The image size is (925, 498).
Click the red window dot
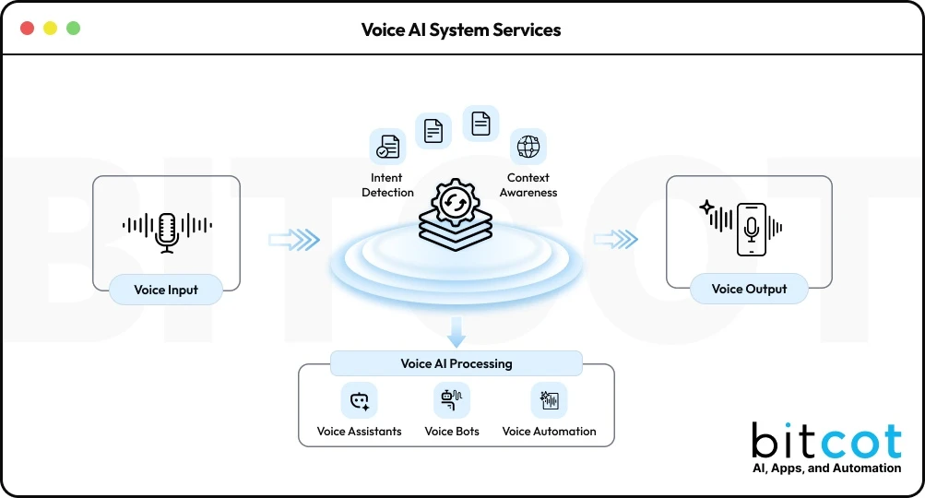tap(27, 29)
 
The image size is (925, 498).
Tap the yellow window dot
tap(50, 29)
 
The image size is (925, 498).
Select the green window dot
tap(73, 29)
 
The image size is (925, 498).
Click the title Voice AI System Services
tap(461, 30)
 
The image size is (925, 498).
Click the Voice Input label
tap(166, 290)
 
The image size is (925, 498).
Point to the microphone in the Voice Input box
tap(167, 231)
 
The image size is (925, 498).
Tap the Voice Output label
tap(749, 289)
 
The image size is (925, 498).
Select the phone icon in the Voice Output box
tap(752, 230)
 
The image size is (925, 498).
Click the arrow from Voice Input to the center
tap(293, 240)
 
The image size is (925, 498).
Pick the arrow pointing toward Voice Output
tap(615, 240)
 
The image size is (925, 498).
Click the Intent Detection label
tap(387, 184)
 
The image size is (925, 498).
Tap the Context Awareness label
tap(528, 184)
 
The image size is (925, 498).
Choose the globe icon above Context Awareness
tap(528, 147)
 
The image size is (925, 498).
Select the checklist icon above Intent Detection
tap(387, 147)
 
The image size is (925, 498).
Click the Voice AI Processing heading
tap(457, 363)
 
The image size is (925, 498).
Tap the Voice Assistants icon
tap(359, 401)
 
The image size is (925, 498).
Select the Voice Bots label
tap(452, 431)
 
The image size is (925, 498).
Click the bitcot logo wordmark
tap(825, 442)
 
